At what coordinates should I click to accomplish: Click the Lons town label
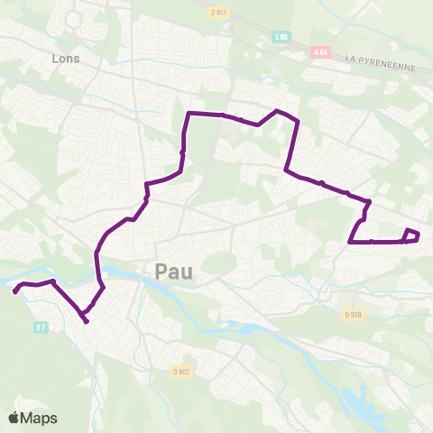(67, 59)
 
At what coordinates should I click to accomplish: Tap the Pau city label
(173, 271)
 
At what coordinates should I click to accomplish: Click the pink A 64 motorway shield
(318, 54)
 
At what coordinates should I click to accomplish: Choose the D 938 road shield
(352, 314)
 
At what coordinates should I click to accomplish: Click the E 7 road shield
(40, 327)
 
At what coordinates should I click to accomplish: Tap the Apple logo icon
(14, 418)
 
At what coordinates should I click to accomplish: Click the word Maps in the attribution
(40, 418)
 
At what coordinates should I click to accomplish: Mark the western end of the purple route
(14, 291)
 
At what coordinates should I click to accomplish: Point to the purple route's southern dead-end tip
(87, 321)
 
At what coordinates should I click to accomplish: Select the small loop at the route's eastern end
(411, 236)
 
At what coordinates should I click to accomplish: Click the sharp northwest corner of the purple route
(189, 114)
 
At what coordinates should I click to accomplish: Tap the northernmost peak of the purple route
(277, 110)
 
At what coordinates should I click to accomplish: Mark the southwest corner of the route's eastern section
(349, 241)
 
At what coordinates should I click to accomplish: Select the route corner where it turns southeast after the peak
(298, 121)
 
